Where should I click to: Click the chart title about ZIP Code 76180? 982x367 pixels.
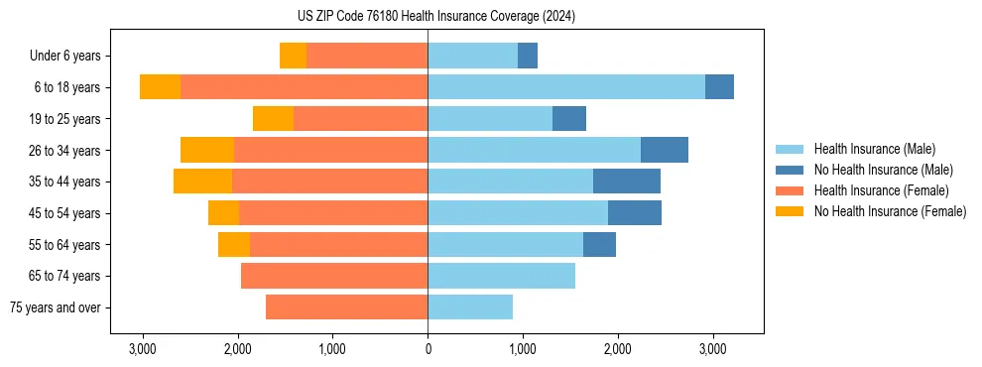(x=429, y=17)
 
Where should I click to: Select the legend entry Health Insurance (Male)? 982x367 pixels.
(x=873, y=149)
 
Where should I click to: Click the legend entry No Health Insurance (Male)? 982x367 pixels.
(x=883, y=170)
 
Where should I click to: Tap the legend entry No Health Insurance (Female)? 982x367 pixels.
(x=890, y=211)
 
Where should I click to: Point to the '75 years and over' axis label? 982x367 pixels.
(x=56, y=307)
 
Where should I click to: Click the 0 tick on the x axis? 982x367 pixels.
(x=428, y=349)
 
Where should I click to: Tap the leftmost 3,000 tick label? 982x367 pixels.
(x=143, y=349)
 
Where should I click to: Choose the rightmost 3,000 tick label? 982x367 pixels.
(x=712, y=349)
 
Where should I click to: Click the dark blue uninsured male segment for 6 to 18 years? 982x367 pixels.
(x=719, y=87)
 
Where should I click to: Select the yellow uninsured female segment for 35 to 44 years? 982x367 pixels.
(x=202, y=182)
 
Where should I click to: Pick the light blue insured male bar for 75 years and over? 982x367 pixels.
(x=470, y=307)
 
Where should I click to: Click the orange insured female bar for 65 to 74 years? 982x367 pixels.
(x=334, y=276)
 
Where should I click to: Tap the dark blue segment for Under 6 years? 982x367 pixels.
(x=528, y=56)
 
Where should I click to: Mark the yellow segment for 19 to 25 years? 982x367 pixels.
(x=273, y=119)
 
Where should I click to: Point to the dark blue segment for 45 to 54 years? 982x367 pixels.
(x=635, y=213)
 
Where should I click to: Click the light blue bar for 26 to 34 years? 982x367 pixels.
(x=534, y=150)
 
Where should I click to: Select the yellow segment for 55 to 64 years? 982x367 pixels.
(x=234, y=244)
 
